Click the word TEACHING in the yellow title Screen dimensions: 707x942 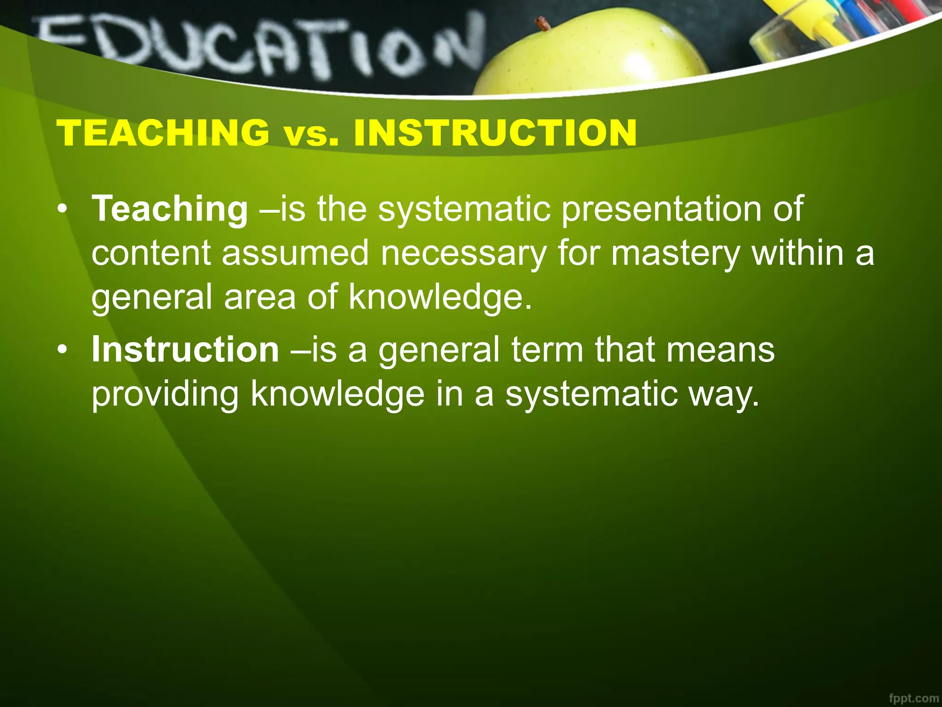[x=163, y=133]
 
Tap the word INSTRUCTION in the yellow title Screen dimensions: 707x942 [x=495, y=133]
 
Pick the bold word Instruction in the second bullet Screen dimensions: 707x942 [x=185, y=350]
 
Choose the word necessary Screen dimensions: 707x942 [x=464, y=254]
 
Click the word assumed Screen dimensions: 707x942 [x=295, y=254]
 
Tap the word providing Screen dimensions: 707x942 [x=165, y=394]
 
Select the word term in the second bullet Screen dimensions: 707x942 [x=547, y=350]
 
